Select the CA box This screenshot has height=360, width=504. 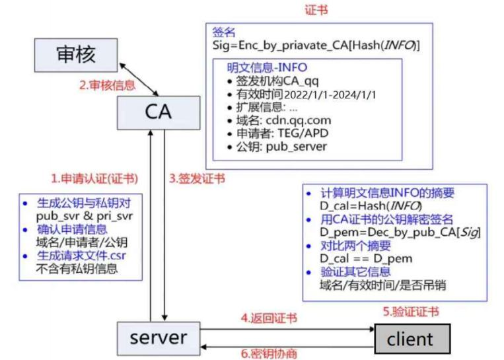(158, 110)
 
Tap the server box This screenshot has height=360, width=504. (158, 338)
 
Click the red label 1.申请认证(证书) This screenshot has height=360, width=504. (94, 178)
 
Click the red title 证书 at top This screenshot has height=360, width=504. (316, 11)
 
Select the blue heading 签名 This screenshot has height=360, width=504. (223, 32)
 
